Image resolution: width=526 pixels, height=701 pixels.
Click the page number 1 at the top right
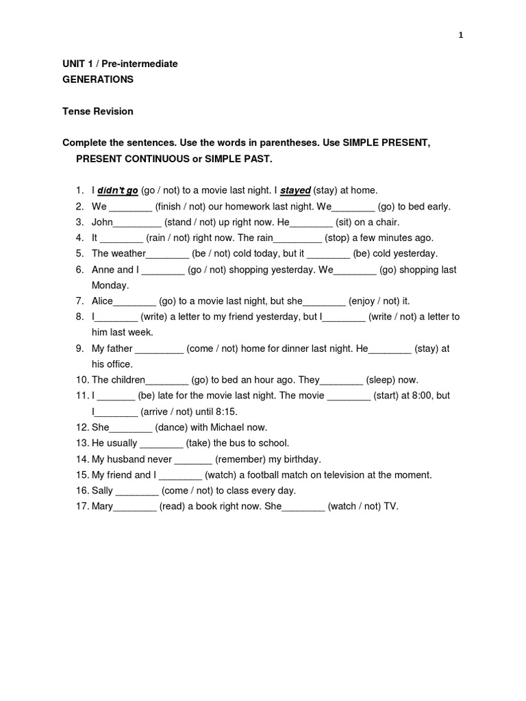(x=461, y=36)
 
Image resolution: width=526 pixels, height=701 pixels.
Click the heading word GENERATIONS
(x=98, y=79)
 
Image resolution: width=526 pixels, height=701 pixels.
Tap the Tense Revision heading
(x=98, y=111)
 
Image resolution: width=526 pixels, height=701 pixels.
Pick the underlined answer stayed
(x=296, y=190)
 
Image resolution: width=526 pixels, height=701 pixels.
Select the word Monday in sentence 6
(x=110, y=285)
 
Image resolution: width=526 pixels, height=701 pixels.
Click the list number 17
(x=82, y=507)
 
